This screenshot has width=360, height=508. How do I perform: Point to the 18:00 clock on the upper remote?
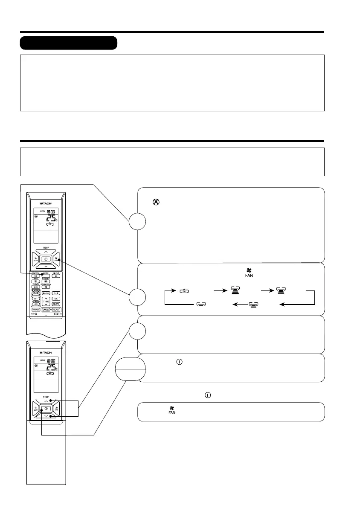click(50, 211)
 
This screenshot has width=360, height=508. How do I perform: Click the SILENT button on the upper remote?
click(56, 275)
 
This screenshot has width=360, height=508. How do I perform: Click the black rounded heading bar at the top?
click(69, 43)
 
